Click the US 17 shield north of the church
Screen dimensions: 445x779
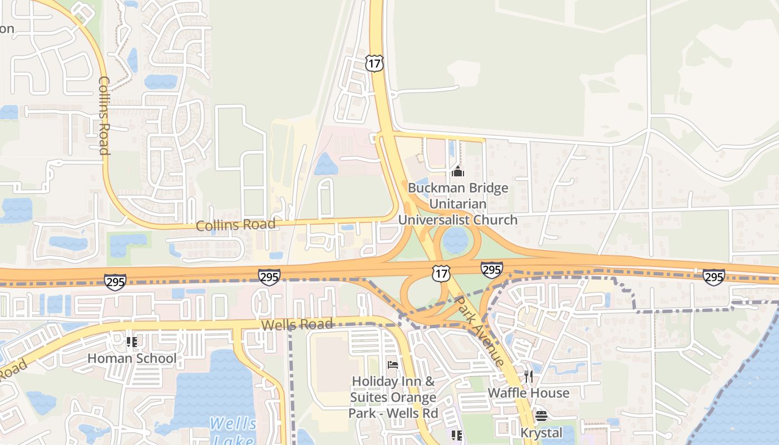click(x=374, y=63)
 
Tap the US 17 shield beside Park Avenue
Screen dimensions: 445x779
click(x=441, y=273)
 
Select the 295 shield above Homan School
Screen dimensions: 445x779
click(x=115, y=282)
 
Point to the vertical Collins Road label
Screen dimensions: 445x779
click(x=104, y=115)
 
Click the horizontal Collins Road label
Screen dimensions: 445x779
click(x=235, y=225)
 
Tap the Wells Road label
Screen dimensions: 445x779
click(x=297, y=324)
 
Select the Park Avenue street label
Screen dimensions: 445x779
click(x=480, y=330)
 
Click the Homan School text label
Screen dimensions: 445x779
click(x=132, y=358)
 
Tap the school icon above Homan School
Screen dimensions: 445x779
click(x=132, y=342)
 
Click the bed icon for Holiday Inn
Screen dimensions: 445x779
click(x=392, y=365)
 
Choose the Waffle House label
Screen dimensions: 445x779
click(x=529, y=393)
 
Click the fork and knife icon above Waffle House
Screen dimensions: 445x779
click(x=528, y=377)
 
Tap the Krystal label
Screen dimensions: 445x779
click(x=541, y=433)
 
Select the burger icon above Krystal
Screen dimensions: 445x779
click(x=541, y=416)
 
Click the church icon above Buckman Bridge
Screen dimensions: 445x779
click(x=458, y=172)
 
